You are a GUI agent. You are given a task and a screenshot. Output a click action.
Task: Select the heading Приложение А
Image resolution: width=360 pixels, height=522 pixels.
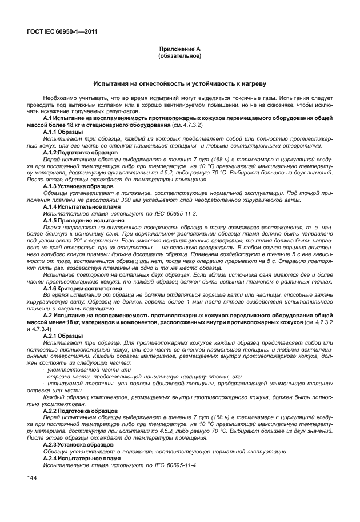(x=179, y=50)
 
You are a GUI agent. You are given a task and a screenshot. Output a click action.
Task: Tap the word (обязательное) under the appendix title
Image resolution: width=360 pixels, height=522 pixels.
(x=179, y=57)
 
